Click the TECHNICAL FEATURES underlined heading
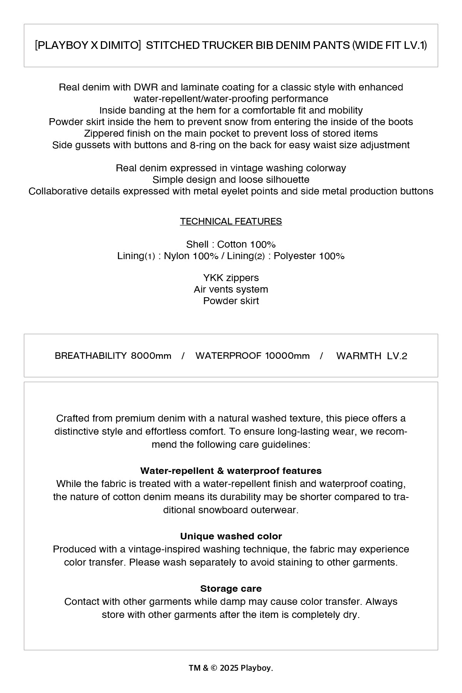231,221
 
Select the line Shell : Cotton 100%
231,244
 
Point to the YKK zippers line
231,278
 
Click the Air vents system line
231,289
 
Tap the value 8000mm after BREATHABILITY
151,356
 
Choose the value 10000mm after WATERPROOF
287,356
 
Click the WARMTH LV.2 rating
372,356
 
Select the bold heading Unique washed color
231,536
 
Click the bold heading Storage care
231,589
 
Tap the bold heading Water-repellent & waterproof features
231,471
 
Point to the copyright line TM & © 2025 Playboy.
231,668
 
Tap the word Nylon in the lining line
177,256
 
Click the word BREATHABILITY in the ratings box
90,356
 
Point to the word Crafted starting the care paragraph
72,418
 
